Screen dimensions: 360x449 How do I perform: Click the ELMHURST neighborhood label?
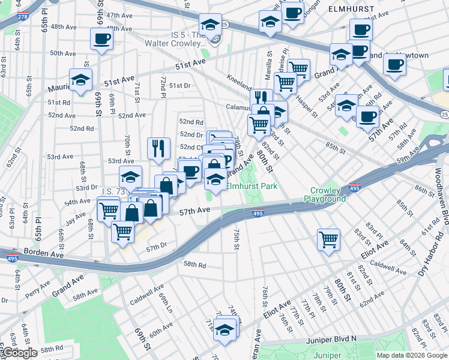point(351,10)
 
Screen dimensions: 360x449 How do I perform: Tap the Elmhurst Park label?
point(252,187)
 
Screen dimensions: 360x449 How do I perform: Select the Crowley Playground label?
point(325,194)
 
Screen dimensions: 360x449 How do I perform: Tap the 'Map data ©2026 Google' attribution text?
point(411,355)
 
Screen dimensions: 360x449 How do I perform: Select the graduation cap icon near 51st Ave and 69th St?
point(80,79)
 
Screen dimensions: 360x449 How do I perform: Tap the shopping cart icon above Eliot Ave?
point(329,239)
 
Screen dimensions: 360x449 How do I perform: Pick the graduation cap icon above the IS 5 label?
point(210,25)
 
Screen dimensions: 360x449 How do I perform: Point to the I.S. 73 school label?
point(114,191)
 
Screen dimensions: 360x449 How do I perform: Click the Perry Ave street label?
point(37,290)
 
